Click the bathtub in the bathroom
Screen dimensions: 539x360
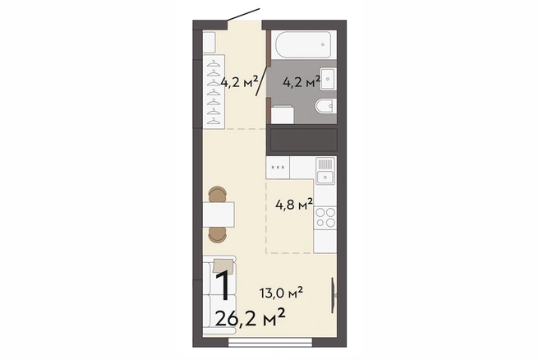coord(303,44)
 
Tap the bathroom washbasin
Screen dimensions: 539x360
coord(328,79)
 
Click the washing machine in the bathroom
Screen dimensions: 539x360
coord(282,115)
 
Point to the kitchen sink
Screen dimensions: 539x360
coord(325,171)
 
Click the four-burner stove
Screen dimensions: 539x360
coord(325,217)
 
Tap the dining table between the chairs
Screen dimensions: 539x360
coord(219,215)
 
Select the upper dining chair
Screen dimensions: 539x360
coord(217,194)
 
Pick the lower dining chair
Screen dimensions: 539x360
coord(217,235)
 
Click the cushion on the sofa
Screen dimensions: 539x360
coord(223,265)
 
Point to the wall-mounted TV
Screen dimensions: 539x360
coord(333,295)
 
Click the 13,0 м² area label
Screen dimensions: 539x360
coord(281,293)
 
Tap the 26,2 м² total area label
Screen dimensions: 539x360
coord(250,318)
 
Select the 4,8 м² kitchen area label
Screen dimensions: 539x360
coord(294,205)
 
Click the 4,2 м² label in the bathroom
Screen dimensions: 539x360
coord(302,82)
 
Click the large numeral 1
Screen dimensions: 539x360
coord(223,285)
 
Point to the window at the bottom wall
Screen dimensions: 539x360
coord(270,342)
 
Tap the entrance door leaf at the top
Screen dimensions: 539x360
coord(243,15)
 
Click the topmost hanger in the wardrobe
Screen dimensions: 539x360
coord(214,63)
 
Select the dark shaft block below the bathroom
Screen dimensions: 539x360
coord(303,140)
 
